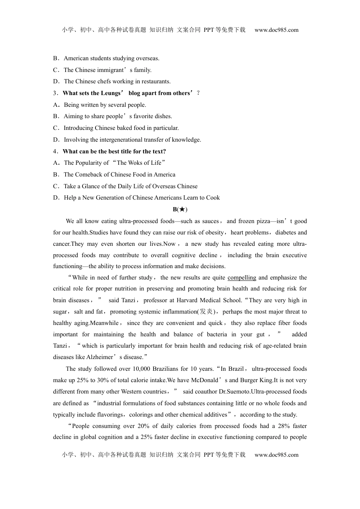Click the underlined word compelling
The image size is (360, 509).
pyautogui.click(x=242, y=278)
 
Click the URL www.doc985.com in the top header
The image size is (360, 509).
pyautogui.click(x=276, y=30)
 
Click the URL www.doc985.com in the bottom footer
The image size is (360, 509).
pyautogui.click(x=276, y=455)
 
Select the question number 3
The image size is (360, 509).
pyautogui.click(x=55, y=93)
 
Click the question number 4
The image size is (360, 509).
pyautogui.click(x=55, y=151)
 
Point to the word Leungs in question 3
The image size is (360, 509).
pyautogui.click(x=110, y=93)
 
